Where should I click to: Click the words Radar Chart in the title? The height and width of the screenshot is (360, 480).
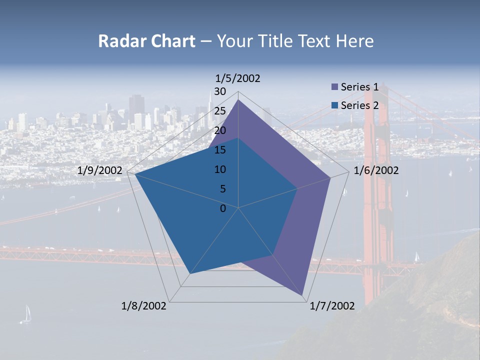(146, 41)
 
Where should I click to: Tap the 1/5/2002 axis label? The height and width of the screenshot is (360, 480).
(238, 78)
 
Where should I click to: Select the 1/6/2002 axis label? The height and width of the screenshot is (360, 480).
(376, 171)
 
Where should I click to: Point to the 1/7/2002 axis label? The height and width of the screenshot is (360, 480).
(332, 306)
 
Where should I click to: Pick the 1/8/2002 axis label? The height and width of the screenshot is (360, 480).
(144, 306)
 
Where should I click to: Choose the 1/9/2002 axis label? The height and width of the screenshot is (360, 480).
(100, 171)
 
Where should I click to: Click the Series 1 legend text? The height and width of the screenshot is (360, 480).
(359, 87)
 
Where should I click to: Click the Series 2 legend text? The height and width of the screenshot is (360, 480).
(359, 105)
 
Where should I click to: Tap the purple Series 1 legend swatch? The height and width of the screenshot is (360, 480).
(335, 87)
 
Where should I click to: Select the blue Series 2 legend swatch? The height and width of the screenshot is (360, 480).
(335, 105)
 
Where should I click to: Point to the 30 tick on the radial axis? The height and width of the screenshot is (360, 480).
(220, 91)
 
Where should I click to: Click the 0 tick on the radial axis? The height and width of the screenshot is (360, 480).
(223, 208)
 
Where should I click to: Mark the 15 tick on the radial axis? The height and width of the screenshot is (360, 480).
(220, 150)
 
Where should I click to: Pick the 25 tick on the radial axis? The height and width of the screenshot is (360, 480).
(220, 111)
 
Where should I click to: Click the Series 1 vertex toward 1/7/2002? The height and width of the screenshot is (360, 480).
(303, 295)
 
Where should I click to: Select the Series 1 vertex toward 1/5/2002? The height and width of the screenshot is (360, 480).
(238, 100)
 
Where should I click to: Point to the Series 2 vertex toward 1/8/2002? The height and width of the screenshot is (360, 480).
(190, 274)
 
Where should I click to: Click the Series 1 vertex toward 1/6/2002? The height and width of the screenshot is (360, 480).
(330, 177)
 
